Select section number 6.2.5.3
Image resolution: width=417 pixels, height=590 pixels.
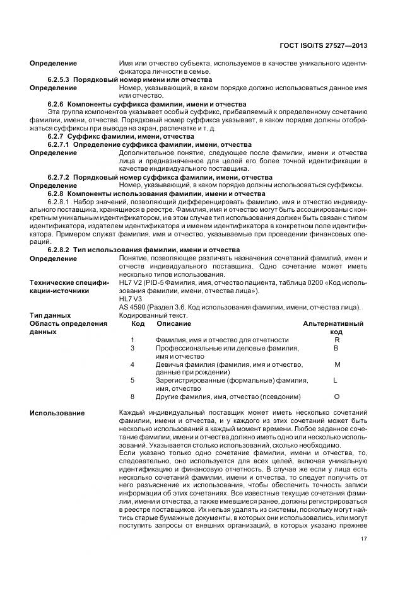(x=59, y=80)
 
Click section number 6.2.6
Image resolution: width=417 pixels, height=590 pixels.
(x=57, y=103)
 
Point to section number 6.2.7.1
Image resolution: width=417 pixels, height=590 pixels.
(x=59, y=144)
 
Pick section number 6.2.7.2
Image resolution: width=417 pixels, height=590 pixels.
(x=59, y=177)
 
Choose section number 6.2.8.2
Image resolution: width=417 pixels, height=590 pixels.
(x=59, y=250)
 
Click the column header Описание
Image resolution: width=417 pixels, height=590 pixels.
(x=170, y=323)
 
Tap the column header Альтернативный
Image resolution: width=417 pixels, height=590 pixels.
(x=336, y=323)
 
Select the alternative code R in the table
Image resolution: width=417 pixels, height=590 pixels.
(x=336, y=340)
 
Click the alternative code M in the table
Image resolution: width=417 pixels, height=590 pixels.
(x=336, y=364)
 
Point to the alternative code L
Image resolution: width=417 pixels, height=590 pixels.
(x=336, y=380)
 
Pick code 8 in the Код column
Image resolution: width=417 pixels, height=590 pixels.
(x=132, y=396)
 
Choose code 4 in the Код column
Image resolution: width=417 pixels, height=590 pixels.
(x=132, y=364)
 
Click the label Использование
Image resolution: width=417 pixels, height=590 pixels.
(x=57, y=413)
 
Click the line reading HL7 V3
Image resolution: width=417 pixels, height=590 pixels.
(x=130, y=299)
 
